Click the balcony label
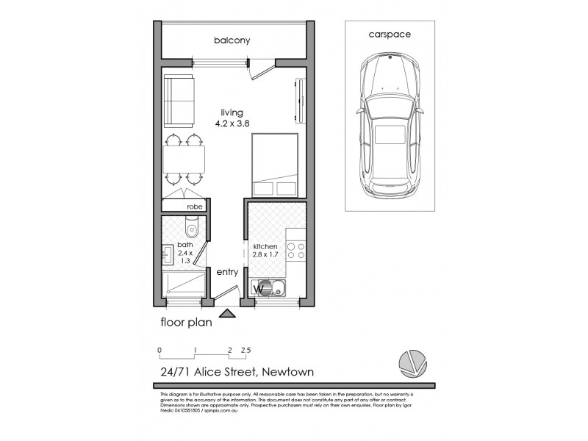[232, 40]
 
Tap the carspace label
[389, 35]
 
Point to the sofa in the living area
[179, 100]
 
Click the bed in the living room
[275, 167]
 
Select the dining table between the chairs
[184, 158]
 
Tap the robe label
[193, 207]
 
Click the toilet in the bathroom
[192, 228]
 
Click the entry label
[227, 271]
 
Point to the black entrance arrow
[228, 314]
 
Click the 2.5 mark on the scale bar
[245, 350]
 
